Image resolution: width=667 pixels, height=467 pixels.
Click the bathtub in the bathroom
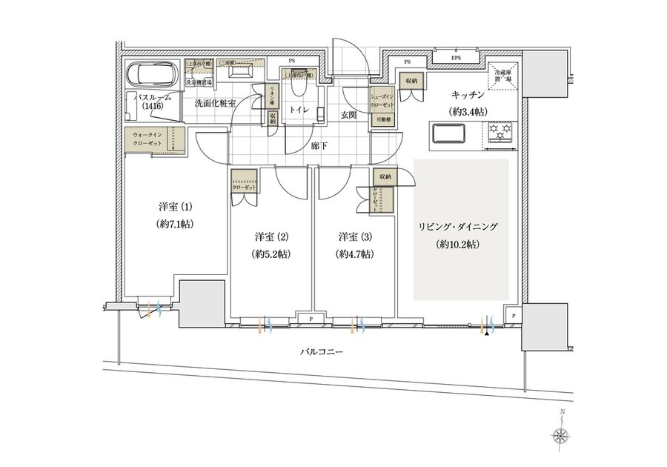(x=150, y=75)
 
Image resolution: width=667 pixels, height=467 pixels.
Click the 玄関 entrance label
(x=349, y=115)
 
